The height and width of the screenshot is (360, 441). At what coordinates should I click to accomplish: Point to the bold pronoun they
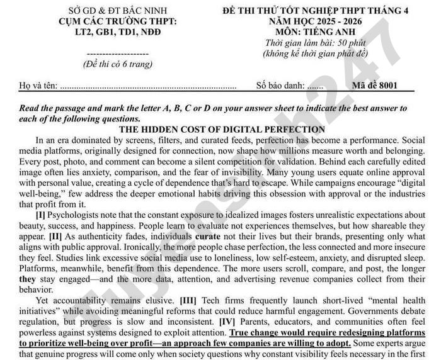[x=27, y=278]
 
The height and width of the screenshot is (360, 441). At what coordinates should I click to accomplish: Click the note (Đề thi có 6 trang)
[x=118, y=64]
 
